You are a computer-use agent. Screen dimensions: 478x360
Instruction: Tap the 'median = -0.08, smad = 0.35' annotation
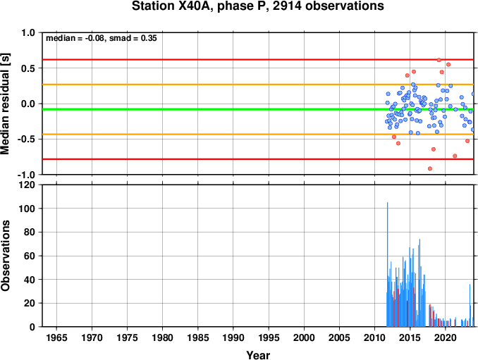click(x=102, y=38)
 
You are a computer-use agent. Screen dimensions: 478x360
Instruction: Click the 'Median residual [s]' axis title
click(x=5, y=104)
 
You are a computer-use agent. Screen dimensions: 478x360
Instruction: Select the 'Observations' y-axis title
click(x=5, y=256)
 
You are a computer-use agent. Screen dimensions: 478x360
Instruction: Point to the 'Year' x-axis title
click(x=258, y=355)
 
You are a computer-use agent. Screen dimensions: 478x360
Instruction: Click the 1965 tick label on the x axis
click(x=56, y=337)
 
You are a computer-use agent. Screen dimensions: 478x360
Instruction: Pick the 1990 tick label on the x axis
click(x=233, y=337)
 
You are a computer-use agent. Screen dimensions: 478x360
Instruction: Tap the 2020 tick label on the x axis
click(x=446, y=337)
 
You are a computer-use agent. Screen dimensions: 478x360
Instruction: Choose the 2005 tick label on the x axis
click(x=339, y=337)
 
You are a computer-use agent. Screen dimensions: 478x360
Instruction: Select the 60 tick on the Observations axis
click(x=30, y=256)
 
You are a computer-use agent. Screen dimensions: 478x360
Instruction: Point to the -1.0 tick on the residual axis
click(x=27, y=175)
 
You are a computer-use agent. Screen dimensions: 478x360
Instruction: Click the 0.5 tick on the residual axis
click(x=28, y=68)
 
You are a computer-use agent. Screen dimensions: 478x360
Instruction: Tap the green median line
click(x=258, y=109)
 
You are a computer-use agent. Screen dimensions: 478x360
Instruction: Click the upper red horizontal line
click(x=258, y=59)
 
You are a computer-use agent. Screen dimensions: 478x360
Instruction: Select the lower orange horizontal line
click(x=258, y=135)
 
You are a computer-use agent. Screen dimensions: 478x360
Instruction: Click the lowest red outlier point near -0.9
click(x=430, y=168)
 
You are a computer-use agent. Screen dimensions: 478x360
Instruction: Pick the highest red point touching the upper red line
click(x=439, y=60)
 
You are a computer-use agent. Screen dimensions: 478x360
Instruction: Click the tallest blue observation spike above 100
click(x=388, y=264)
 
